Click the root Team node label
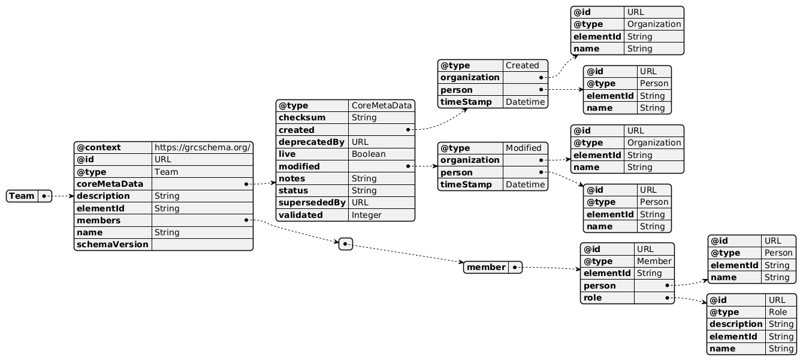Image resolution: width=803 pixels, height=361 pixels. (22, 196)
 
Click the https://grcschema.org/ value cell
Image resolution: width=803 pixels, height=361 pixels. (202, 147)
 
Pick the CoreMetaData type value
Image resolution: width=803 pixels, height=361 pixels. (381, 106)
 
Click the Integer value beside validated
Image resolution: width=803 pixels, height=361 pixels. (367, 214)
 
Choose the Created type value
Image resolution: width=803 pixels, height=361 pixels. (523, 65)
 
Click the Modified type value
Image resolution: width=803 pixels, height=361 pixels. (524, 148)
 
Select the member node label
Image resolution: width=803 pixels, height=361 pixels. (487, 267)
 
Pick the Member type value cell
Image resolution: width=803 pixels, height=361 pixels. (654, 261)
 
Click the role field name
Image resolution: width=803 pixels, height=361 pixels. (593, 298)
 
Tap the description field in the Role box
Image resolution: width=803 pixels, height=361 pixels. (736, 324)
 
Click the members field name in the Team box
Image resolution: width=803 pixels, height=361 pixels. (98, 220)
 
